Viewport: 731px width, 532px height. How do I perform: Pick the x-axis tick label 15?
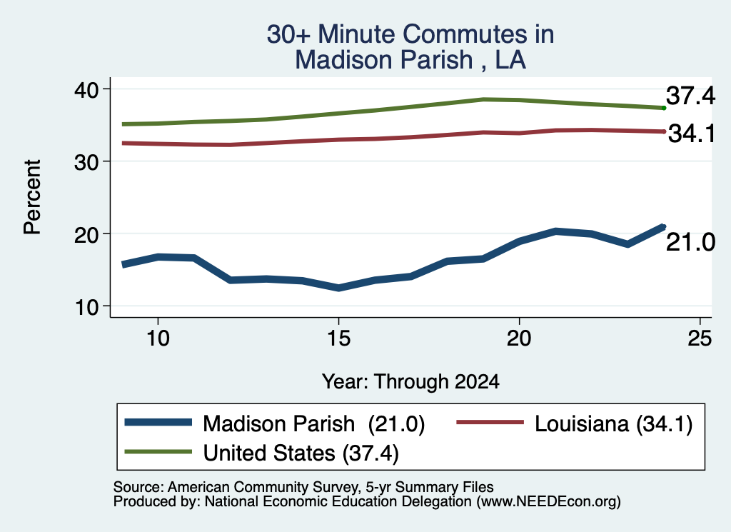pos(338,338)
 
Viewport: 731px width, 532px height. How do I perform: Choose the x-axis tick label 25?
pos(700,338)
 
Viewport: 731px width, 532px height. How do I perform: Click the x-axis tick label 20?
pos(519,338)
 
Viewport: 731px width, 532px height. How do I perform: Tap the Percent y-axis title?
pos(33,197)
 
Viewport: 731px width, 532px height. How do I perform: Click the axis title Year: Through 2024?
pos(410,381)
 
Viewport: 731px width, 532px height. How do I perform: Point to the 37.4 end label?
pos(690,96)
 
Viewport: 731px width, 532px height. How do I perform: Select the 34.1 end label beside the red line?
pos(692,134)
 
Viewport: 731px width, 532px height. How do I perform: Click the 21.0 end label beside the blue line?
pos(690,243)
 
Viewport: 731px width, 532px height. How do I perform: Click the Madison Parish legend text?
pos(279,424)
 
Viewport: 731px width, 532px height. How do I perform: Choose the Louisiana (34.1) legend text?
pos(613,424)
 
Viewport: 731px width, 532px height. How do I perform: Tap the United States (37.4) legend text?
pos(301,453)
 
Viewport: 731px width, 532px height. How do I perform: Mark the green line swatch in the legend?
pos(158,451)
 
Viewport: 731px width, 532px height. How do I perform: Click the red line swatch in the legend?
pos(490,422)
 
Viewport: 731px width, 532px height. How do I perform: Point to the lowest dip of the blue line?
pos(338,288)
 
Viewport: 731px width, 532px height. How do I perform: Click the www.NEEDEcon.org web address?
pos(548,502)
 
